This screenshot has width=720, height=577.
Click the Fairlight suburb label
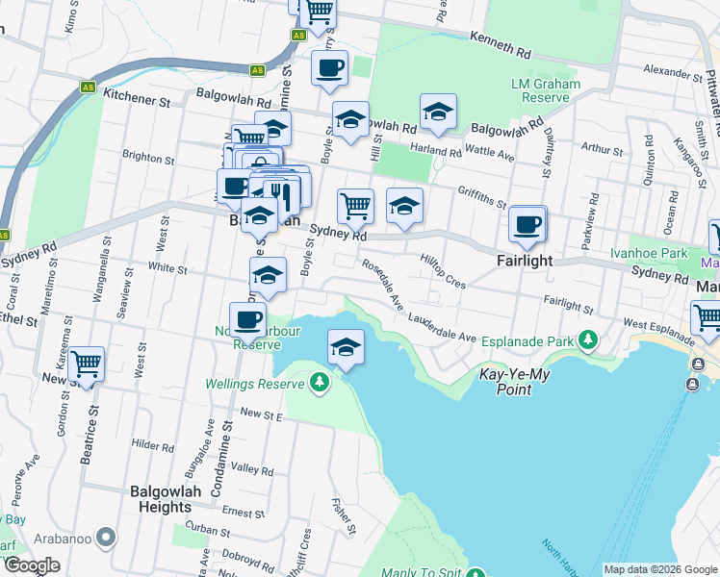point(525,261)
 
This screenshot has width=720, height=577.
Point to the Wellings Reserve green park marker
point(320,384)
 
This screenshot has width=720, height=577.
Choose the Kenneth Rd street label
point(501,43)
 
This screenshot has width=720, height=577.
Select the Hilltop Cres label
point(443,271)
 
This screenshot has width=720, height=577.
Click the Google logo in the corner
point(31,565)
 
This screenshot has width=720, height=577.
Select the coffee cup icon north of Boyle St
point(329,67)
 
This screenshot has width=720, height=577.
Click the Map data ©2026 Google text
point(660,569)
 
